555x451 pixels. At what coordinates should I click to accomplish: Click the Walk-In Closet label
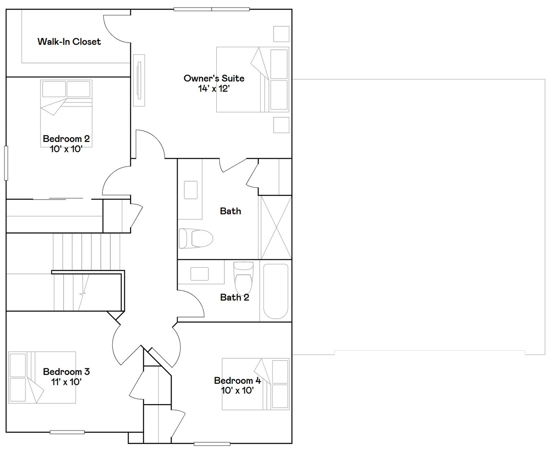pos(69,42)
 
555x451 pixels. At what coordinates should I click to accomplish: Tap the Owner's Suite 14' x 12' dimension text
pos(214,89)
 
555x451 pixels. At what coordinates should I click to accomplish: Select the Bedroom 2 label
pos(66,139)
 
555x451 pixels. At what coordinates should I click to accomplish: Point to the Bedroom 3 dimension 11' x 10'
pos(66,382)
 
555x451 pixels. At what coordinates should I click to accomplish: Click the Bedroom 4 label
pos(237,380)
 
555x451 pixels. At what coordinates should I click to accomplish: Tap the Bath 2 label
pos(234,297)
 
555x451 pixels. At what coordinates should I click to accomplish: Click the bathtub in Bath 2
pos(276,291)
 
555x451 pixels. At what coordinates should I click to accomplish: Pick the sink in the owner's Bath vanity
pos(190,190)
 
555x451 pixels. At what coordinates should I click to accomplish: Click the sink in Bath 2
pos(199,274)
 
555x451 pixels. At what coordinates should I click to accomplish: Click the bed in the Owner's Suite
pos(252,79)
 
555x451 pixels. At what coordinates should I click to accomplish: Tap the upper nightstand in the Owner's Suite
pos(281,34)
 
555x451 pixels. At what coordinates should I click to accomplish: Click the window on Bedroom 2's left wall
pos(6,163)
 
